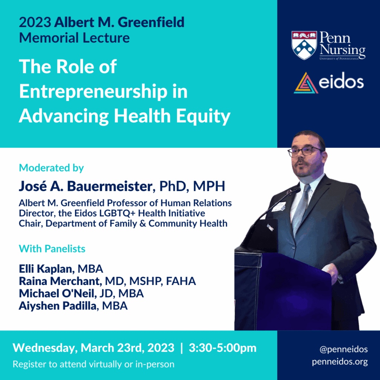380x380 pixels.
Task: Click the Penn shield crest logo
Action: pos(304,45)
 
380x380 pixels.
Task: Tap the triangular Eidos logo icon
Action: pos(306,83)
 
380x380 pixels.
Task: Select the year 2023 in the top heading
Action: pos(35,22)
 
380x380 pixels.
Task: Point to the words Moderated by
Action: pos(51,168)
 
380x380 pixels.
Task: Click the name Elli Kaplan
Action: pos(46,269)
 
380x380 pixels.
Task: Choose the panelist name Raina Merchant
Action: pos(59,281)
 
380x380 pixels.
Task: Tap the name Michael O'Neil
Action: pos(56,293)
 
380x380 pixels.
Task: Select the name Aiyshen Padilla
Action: pos(58,306)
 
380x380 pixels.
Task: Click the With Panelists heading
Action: pos(52,249)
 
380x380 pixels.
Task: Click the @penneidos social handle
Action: pos(343,350)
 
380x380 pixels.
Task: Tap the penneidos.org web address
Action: pos(340,362)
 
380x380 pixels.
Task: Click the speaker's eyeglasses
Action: pos(304,151)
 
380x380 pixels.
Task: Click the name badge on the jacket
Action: pos(279,207)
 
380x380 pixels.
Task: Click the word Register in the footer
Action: pos(32,364)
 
